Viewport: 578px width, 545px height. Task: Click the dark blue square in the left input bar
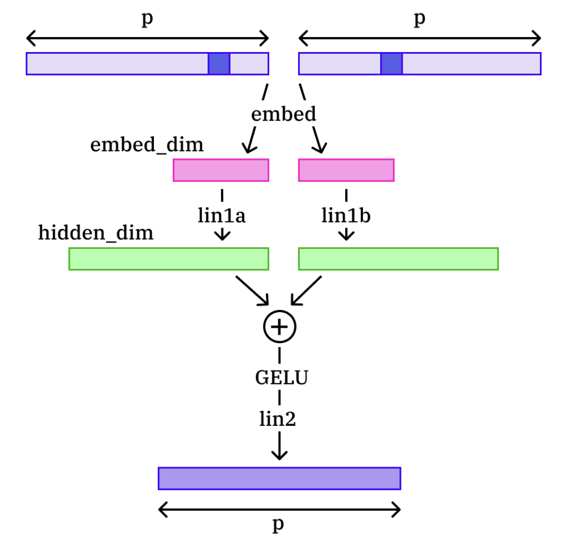coord(219,64)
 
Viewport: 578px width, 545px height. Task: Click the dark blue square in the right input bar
coord(391,64)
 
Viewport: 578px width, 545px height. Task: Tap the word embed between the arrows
coord(284,114)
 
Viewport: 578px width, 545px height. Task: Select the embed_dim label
coord(147,145)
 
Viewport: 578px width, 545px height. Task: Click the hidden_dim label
coord(95,233)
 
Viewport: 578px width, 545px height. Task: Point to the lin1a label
coord(221,215)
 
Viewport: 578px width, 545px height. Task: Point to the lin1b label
coord(346,215)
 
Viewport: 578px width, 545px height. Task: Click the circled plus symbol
coord(279,327)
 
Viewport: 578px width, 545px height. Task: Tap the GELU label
coord(281,378)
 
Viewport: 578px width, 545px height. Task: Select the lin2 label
coord(278,419)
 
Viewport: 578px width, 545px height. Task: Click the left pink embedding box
coord(221,170)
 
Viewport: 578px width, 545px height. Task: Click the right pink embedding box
coord(346,170)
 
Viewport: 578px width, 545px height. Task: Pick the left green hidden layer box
coord(168,259)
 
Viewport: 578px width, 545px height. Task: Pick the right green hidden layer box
coord(398,259)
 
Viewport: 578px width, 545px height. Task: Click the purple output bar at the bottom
coord(279,478)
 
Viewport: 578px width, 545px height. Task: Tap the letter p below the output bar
coord(278,525)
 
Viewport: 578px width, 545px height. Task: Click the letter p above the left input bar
coord(146,19)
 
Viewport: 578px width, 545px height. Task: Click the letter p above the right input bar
coord(419,19)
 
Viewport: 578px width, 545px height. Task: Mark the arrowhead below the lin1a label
coord(222,235)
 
